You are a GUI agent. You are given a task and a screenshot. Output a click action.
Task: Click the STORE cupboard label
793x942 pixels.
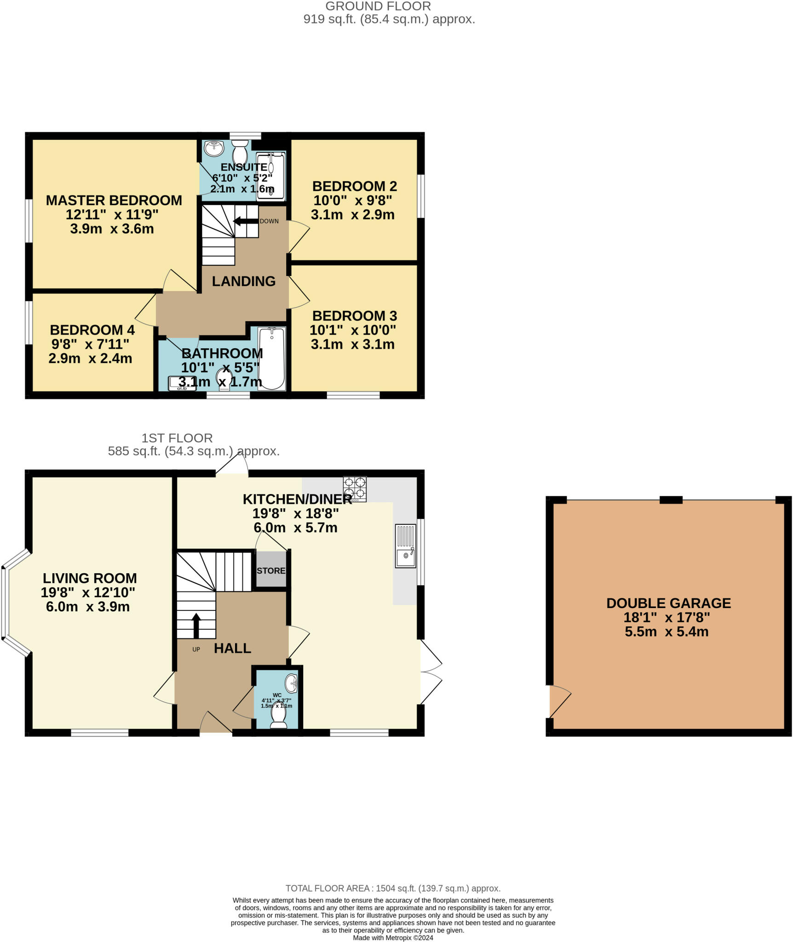point(271,571)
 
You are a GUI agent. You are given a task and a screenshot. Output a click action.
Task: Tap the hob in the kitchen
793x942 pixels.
point(355,489)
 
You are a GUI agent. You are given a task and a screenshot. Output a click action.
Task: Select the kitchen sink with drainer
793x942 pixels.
point(406,546)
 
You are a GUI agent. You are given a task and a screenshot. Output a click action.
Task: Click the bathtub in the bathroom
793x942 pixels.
point(271,359)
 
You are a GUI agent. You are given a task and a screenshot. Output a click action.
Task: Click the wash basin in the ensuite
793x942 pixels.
point(214,149)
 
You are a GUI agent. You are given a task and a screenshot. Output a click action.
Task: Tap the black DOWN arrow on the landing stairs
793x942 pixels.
point(246,221)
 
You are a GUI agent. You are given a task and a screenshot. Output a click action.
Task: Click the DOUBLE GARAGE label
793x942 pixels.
point(668,603)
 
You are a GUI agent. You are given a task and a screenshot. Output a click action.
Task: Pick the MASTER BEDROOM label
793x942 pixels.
point(114,201)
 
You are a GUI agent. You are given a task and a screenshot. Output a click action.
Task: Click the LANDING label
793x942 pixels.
point(244,281)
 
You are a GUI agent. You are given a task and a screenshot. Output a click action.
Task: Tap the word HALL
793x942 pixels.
point(233,649)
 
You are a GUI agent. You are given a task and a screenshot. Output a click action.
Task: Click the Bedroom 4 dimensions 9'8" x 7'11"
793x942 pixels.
point(90,344)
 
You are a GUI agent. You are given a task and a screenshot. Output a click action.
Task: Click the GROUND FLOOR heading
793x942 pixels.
point(378,6)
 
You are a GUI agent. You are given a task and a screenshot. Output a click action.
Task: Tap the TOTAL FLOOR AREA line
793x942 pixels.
point(393,888)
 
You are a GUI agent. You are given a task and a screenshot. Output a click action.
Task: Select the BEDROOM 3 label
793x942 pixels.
point(355,316)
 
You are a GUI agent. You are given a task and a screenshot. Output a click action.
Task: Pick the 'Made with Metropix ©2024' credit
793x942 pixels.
point(393,937)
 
